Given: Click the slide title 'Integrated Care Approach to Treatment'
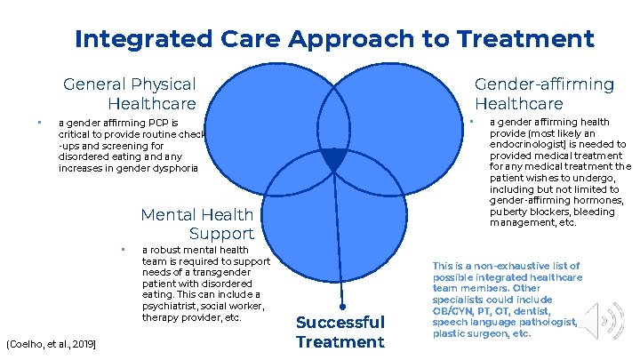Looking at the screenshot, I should (x=334, y=39).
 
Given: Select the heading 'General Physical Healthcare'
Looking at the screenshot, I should (x=130, y=93).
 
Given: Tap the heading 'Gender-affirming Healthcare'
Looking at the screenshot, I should (x=544, y=93).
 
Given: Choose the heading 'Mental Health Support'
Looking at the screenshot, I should (x=197, y=224).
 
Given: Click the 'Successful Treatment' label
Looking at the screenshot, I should (x=340, y=332).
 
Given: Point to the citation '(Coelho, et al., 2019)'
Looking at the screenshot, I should (x=52, y=343).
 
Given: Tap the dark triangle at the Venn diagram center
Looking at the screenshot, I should (x=333, y=159).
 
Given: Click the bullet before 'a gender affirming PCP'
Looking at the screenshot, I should (x=39, y=123).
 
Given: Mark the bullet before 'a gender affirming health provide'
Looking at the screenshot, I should (x=472, y=121).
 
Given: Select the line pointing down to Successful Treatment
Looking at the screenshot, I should (x=338, y=240).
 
